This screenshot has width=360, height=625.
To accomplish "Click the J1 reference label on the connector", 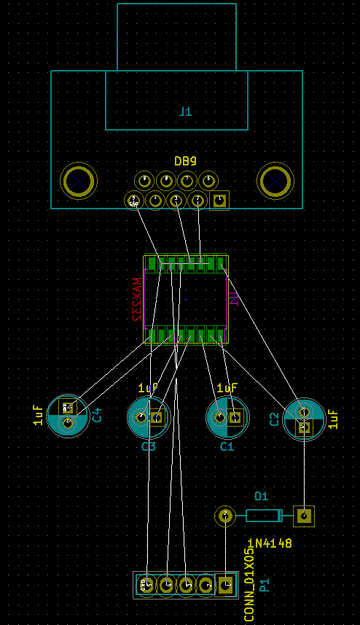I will [x=185, y=112].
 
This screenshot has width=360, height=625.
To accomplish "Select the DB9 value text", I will [x=185, y=161].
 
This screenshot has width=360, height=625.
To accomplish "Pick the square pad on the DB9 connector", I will [x=219, y=201].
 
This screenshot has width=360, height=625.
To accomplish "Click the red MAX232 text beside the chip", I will [x=136, y=300].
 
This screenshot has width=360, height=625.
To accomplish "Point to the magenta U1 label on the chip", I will [x=234, y=299].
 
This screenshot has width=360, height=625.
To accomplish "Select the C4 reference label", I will [x=96, y=415].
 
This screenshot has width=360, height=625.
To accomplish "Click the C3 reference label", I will [x=149, y=446].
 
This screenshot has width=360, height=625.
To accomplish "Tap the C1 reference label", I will [x=227, y=446].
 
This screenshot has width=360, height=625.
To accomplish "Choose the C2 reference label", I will [x=274, y=419].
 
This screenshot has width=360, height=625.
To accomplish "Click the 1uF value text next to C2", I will [x=333, y=419].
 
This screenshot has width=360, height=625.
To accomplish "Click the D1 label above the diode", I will [x=261, y=496].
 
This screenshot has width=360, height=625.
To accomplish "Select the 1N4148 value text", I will [x=270, y=543].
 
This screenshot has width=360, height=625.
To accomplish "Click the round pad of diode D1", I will [x=226, y=516].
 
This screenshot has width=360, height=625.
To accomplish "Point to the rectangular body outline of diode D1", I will [x=263, y=516].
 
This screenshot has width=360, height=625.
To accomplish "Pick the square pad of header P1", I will [x=226, y=584].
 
